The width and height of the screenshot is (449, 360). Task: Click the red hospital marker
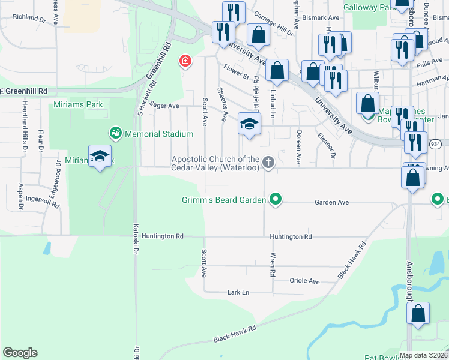pyautogui.click(x=185, y=61)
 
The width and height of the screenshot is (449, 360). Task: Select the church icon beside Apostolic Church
pyautogui.click(x=268, y=161)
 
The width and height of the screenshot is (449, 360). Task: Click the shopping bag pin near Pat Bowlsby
pyautogui.click(x=418, y=314)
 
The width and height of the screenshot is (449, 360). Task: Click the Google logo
pyautogui.click(x=20, y=353)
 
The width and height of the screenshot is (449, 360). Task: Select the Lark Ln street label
pyautogui.click(x=238, y=292)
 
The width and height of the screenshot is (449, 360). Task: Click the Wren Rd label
pyautogui.click(x=273, y=265)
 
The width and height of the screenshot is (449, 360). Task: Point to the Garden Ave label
pyautogui.click(x=331, y=203)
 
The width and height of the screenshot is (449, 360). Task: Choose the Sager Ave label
pyautogui.click(x=164, y=106)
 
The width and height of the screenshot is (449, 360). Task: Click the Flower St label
pyautogui.click(x=236, y=73)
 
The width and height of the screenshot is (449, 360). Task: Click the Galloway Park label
pyautogui.click(x=367, y=8)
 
